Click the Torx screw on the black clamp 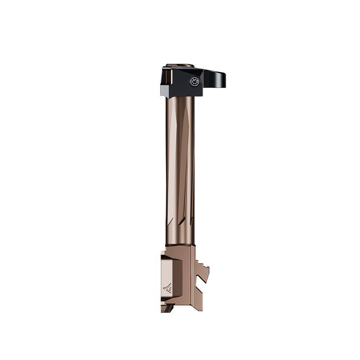pos(193,82)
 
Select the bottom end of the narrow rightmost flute pos(192,219)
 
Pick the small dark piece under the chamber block pos(169,309)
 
